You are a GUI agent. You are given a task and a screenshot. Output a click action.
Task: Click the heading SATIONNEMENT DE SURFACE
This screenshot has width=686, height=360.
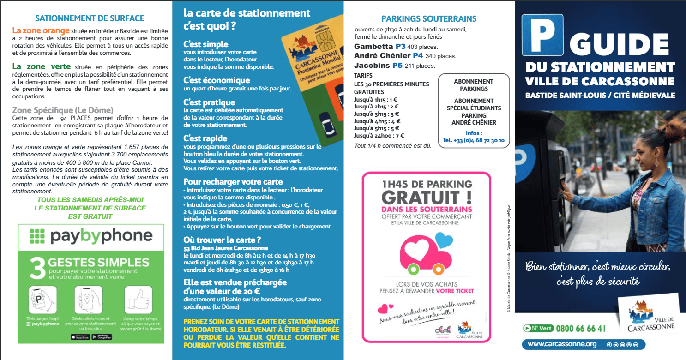(x=90, y=18)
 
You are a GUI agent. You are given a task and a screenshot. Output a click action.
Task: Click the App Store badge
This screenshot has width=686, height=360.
(x=80, y=337)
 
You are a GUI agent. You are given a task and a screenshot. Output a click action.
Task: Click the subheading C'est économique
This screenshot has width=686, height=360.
(x=217, y=80)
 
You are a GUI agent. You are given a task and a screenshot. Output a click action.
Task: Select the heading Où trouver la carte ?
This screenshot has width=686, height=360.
(x=222, y=240)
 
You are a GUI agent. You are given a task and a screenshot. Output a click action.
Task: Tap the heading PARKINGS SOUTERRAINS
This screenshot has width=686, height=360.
(x=429, y=19)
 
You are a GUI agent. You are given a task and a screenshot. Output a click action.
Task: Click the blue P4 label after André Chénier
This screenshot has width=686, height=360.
(x=418, y=56)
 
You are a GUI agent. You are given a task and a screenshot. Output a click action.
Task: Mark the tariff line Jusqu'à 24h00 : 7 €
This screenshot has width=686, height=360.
(x=379, y=136)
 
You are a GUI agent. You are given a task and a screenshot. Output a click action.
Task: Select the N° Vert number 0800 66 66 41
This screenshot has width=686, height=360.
(x=581, y=329)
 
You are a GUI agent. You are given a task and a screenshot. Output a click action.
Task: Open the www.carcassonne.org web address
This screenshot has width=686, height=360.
(x=562, y=344)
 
